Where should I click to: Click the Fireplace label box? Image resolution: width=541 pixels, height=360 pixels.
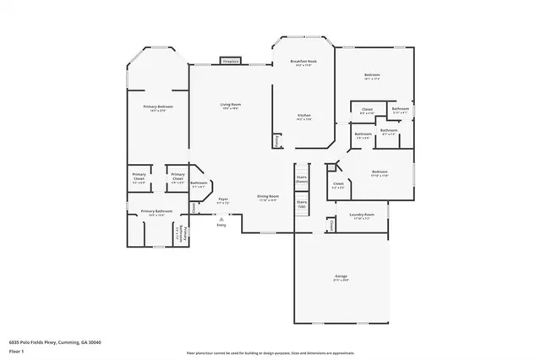[230, 62]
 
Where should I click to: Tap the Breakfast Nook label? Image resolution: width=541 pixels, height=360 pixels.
[303, 63]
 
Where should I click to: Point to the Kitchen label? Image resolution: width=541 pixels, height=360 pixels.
[304, 117]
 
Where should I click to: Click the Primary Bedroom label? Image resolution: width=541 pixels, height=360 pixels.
[158, 108]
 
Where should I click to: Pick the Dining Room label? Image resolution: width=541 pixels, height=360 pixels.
[269, 198]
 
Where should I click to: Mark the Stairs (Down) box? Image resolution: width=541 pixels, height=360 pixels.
[302, 180]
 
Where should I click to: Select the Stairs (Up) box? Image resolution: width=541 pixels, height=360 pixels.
[302, 204]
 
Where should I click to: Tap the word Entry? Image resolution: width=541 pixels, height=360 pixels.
[221, 225]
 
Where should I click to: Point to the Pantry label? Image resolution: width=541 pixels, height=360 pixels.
[276, 141]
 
